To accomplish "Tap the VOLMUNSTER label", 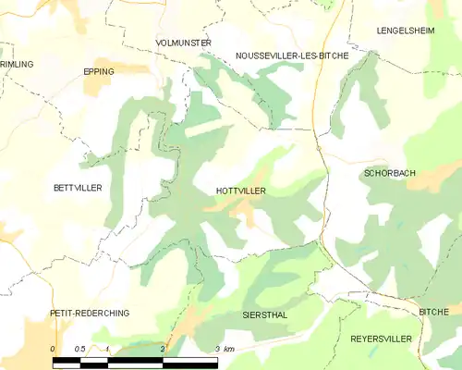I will (184, 43).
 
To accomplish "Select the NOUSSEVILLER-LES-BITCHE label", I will (292, 55).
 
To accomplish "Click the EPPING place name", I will (99, 70).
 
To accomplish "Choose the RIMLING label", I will (16, 64).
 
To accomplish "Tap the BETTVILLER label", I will (78, 187).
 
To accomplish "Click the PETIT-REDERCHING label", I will (90, 314).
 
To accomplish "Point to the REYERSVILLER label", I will (381, 339).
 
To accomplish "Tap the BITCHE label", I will (433, 313).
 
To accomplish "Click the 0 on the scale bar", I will (54, 349).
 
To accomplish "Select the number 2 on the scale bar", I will (163, 349).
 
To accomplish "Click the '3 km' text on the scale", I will (225, 349).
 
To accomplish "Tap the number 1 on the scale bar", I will (108, 349).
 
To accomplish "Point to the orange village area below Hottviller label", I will (244, 212).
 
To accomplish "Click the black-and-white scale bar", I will (136, 360).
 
